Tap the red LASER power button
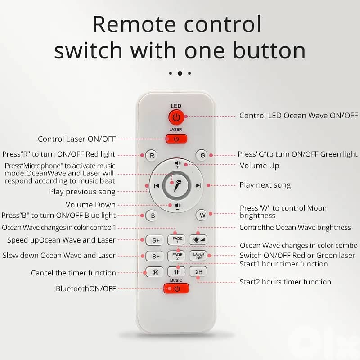[x=176, y=139]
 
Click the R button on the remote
[x=152, y=156]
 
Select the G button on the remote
[x=202, y=155]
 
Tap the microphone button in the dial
[x=176, y=185]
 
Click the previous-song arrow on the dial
[x=157, y=185]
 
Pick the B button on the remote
[x=153, y=216]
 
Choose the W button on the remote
[x=202, y=216]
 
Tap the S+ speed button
[x=155, y=240]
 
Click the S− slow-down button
[x=155, y=256]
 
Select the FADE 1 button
[x=177, y=240]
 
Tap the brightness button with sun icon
[x=198, y=240]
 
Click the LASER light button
[x=198, y=256]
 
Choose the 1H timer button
[x=177, y=272]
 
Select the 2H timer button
[x=198, y=272]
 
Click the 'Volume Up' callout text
[x=260, y=166]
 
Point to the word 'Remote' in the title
[x=134, y=24]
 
